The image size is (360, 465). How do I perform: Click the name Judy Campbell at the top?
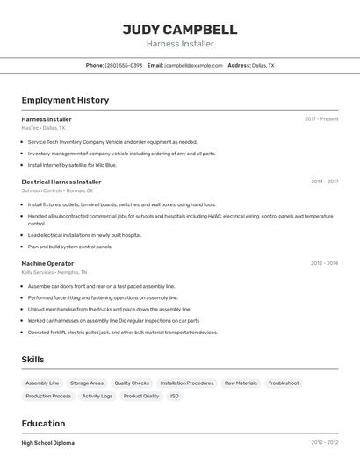click(x=180, y=29)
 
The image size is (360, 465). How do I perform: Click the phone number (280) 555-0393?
click(x=124, y=66)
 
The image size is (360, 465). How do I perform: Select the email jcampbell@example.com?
click(x=193, y=66)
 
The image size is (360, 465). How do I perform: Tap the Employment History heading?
click(x=65, y=101)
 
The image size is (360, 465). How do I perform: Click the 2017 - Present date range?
click(x=321, y=119)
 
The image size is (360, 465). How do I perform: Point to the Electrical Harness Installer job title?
click(x=61, y=182)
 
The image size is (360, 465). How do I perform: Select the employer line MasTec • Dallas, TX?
click(x=43, y=128)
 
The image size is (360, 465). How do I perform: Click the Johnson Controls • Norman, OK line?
click(x=57, y=190)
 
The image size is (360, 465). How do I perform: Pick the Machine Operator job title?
click(x=47, y=263)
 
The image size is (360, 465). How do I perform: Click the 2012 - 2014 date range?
click(x=324, y=263)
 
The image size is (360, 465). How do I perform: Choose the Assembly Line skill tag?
click(x=42, y=383)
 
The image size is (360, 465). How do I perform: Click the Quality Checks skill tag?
click(x=132, y=383)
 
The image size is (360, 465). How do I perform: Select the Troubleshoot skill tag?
click(x=284, y=383)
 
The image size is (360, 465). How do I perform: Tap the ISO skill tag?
click(x=175, y=397)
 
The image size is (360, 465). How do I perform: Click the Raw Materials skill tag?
click(x=241, y=383)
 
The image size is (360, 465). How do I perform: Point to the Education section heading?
click(x=43, y=424)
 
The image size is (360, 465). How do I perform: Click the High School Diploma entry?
click(x=48, y=443)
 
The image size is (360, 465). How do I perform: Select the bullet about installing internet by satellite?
click(x=72, y=165)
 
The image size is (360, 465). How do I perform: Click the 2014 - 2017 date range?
click(x=324, y=182)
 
